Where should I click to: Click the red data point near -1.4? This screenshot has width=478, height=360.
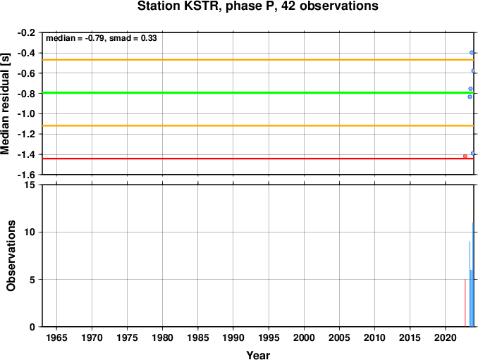(465, 156)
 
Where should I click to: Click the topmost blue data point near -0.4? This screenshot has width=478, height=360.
(472, 52)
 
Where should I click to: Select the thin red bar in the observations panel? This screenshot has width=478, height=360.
(465, 303)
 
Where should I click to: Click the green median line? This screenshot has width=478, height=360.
(258, 92)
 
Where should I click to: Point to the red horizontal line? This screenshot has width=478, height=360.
(258, 159)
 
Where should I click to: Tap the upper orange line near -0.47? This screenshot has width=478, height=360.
(258, 60)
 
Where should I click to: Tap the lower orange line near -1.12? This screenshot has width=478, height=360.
(258, 125)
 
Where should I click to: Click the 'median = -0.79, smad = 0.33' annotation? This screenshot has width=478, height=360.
(102, 38)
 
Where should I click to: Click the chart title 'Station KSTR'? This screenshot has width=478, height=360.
(180, 6)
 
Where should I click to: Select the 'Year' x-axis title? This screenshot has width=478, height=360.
(258, 355)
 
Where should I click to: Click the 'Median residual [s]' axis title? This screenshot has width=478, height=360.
(5, 104)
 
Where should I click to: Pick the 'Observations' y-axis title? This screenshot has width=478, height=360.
(11, 256)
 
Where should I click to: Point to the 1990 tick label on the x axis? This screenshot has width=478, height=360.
(233, 337)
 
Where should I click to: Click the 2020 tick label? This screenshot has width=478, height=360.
(446, 337)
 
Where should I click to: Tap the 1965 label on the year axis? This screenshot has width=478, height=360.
(56, 337)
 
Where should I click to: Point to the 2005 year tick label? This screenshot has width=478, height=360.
(339, 337)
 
